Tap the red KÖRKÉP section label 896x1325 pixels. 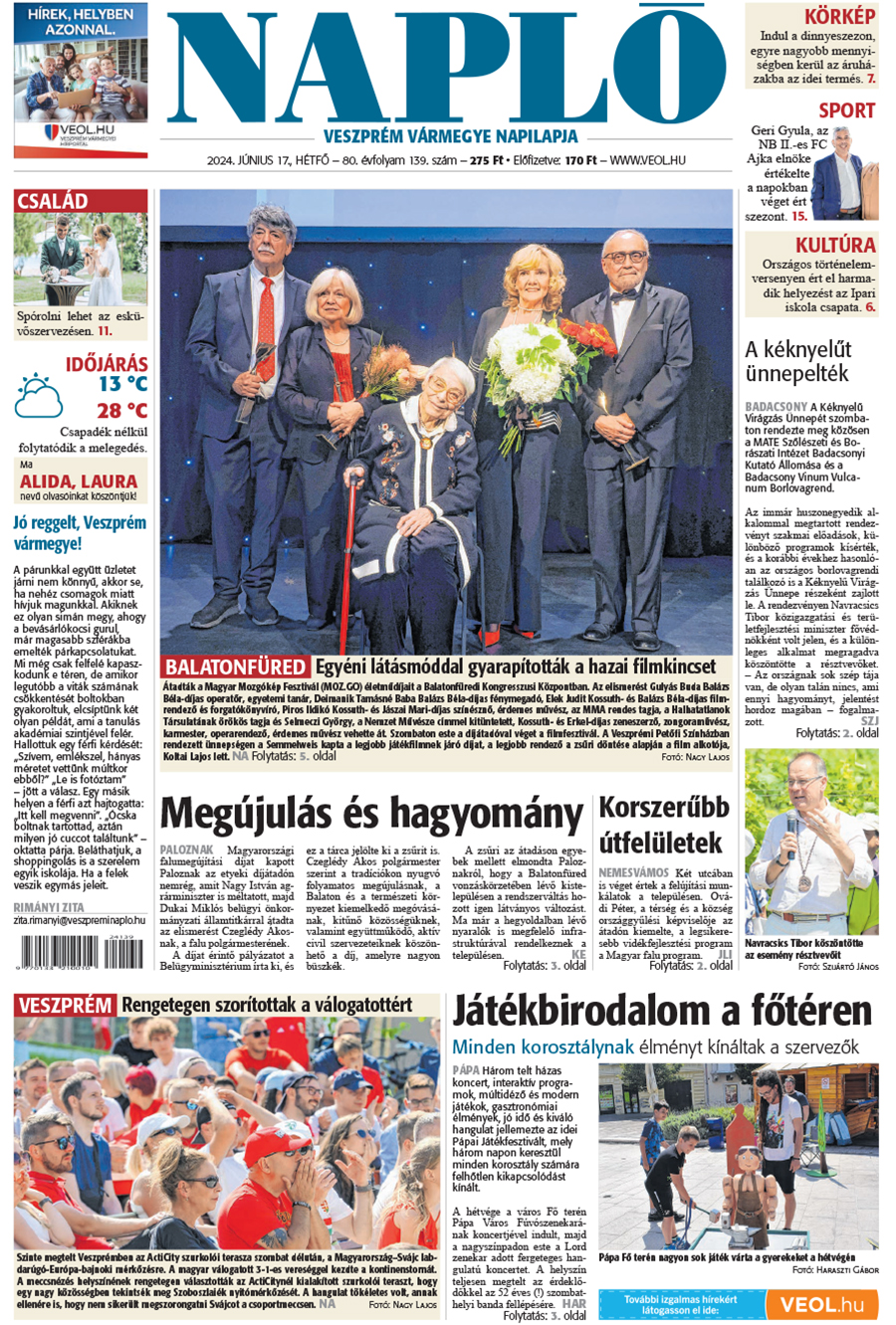point(839,16)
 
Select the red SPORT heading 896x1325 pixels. point(846,110)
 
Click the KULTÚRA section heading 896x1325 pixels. point(834,245)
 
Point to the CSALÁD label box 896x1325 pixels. point(53,201)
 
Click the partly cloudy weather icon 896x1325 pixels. point(39,396)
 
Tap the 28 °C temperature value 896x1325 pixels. point(121,410)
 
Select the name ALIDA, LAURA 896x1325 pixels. point(79,481)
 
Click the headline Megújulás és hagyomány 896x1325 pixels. point(371,814)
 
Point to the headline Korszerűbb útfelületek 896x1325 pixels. point(663,825)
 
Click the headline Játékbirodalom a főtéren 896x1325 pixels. point(662,1013)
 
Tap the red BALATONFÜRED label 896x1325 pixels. point(236,666)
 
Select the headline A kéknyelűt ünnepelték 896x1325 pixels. point(797,361)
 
